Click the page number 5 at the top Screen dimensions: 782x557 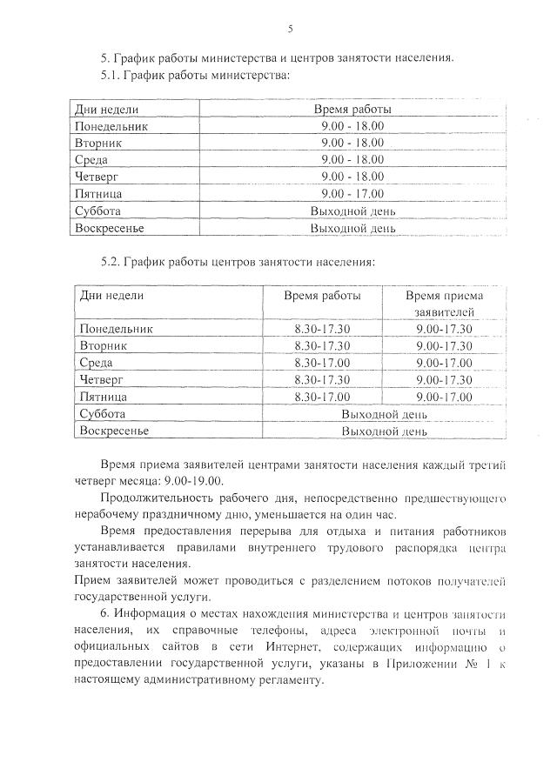(x=290, y=29)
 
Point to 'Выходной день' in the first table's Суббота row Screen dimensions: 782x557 (x=352, y=211)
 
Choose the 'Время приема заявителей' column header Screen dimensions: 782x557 (x=444, y=303)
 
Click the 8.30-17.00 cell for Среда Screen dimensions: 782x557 (x=322, y=363)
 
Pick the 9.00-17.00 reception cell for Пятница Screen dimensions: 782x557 (x=444, y=397)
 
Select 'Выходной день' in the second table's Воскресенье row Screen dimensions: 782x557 (x=384, y=431)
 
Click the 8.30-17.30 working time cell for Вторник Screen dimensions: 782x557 (x=322, y=345)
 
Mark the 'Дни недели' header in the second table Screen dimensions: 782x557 (x=111, y=295)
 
